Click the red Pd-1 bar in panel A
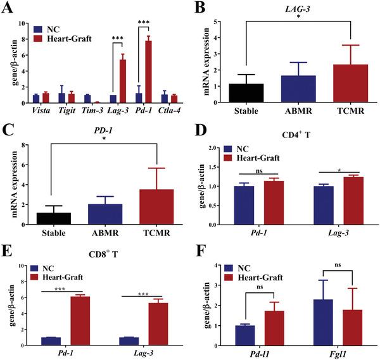point(149,71)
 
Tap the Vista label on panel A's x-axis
point(42,112)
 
